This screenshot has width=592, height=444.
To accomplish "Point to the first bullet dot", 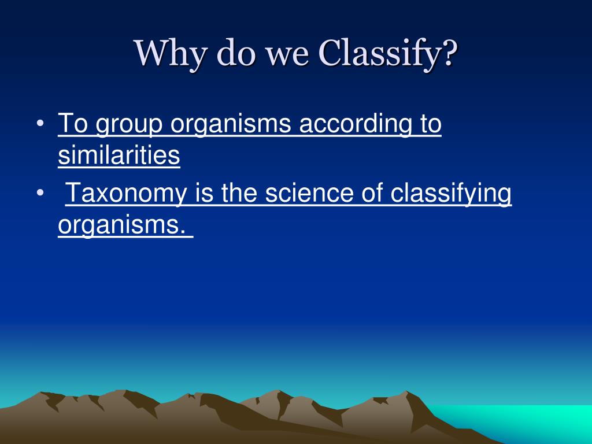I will (x=39, y=125).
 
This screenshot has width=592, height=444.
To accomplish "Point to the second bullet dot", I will (x=39, y=194).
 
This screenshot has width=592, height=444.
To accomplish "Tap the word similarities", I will (x=119, y=156).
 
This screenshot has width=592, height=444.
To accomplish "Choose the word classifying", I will (x=451, y=194).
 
